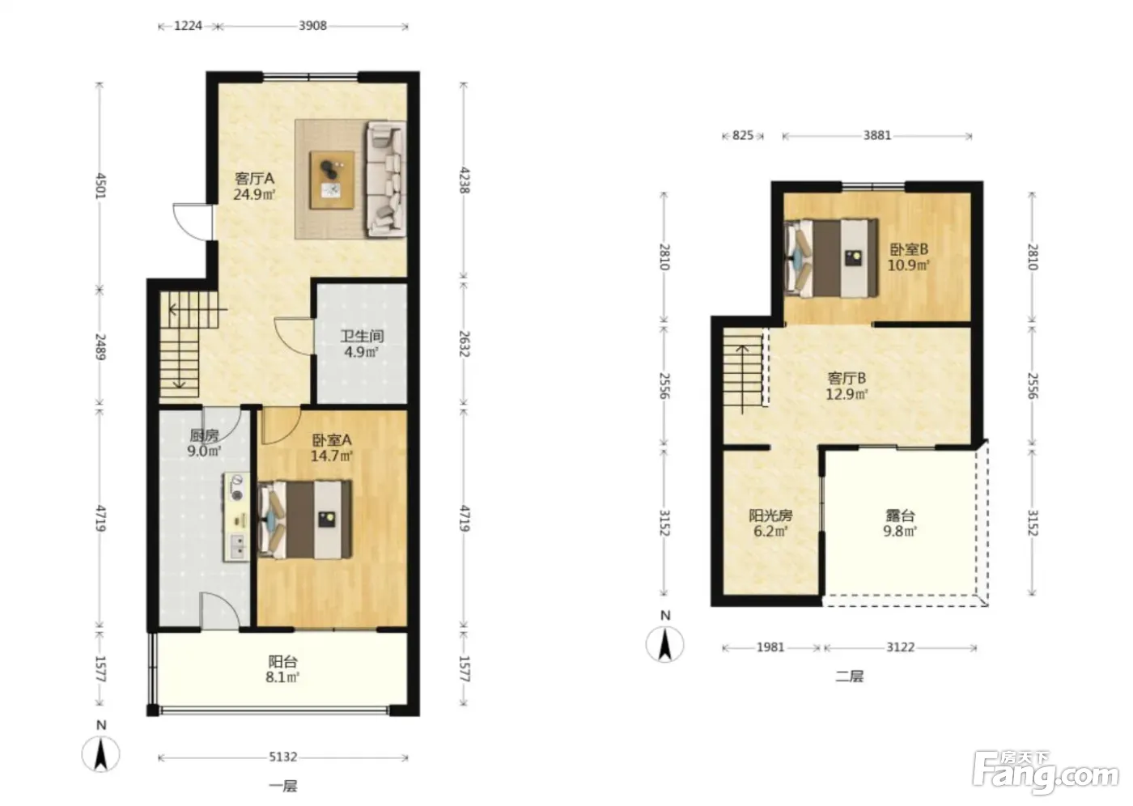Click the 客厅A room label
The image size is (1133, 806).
click(254, 179)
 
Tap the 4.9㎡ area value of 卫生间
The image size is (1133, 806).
click(361, 352)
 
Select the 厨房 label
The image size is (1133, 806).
click(204, 435)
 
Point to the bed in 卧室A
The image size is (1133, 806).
click(304, 520)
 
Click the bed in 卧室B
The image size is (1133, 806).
click(830, 258)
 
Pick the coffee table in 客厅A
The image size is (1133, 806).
click(332, 180)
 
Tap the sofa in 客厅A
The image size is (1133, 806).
click(387, 179)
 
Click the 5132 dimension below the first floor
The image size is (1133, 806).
click(282, 757)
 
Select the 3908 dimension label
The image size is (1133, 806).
click(312, 26)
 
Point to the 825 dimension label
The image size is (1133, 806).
click(743, 135)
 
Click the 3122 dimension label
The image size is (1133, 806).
click(900, 647)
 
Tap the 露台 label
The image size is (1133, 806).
click(900, 515)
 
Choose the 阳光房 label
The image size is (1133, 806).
click(770, 515)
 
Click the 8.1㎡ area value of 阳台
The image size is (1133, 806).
click(282, 677)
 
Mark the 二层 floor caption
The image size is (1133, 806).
click(849, 677)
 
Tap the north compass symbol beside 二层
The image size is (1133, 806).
click(664, 644)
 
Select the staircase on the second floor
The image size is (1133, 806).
click(743, 370)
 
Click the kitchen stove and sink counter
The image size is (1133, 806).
click(236, 517)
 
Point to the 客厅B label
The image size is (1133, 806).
click(847, 378)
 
